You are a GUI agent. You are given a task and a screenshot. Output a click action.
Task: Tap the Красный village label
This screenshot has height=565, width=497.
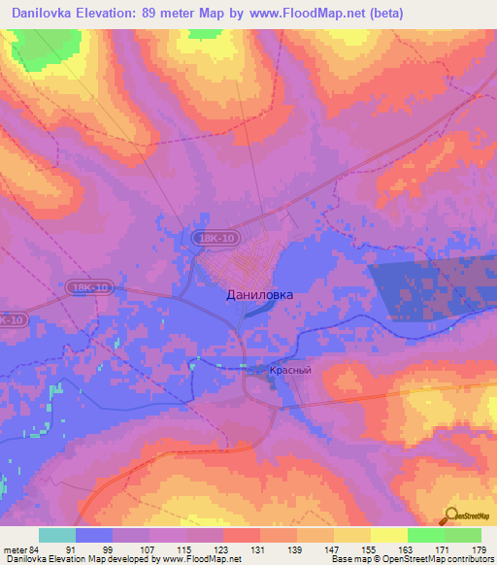289,371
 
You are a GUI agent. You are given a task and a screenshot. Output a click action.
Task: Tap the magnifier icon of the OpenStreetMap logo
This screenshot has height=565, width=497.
450,515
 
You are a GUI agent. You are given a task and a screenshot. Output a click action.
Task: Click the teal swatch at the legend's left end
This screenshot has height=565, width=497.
56,535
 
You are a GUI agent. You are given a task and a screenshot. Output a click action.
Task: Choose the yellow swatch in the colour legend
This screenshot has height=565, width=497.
388,535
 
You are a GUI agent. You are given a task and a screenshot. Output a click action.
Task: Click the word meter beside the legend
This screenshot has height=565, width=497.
14,548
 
